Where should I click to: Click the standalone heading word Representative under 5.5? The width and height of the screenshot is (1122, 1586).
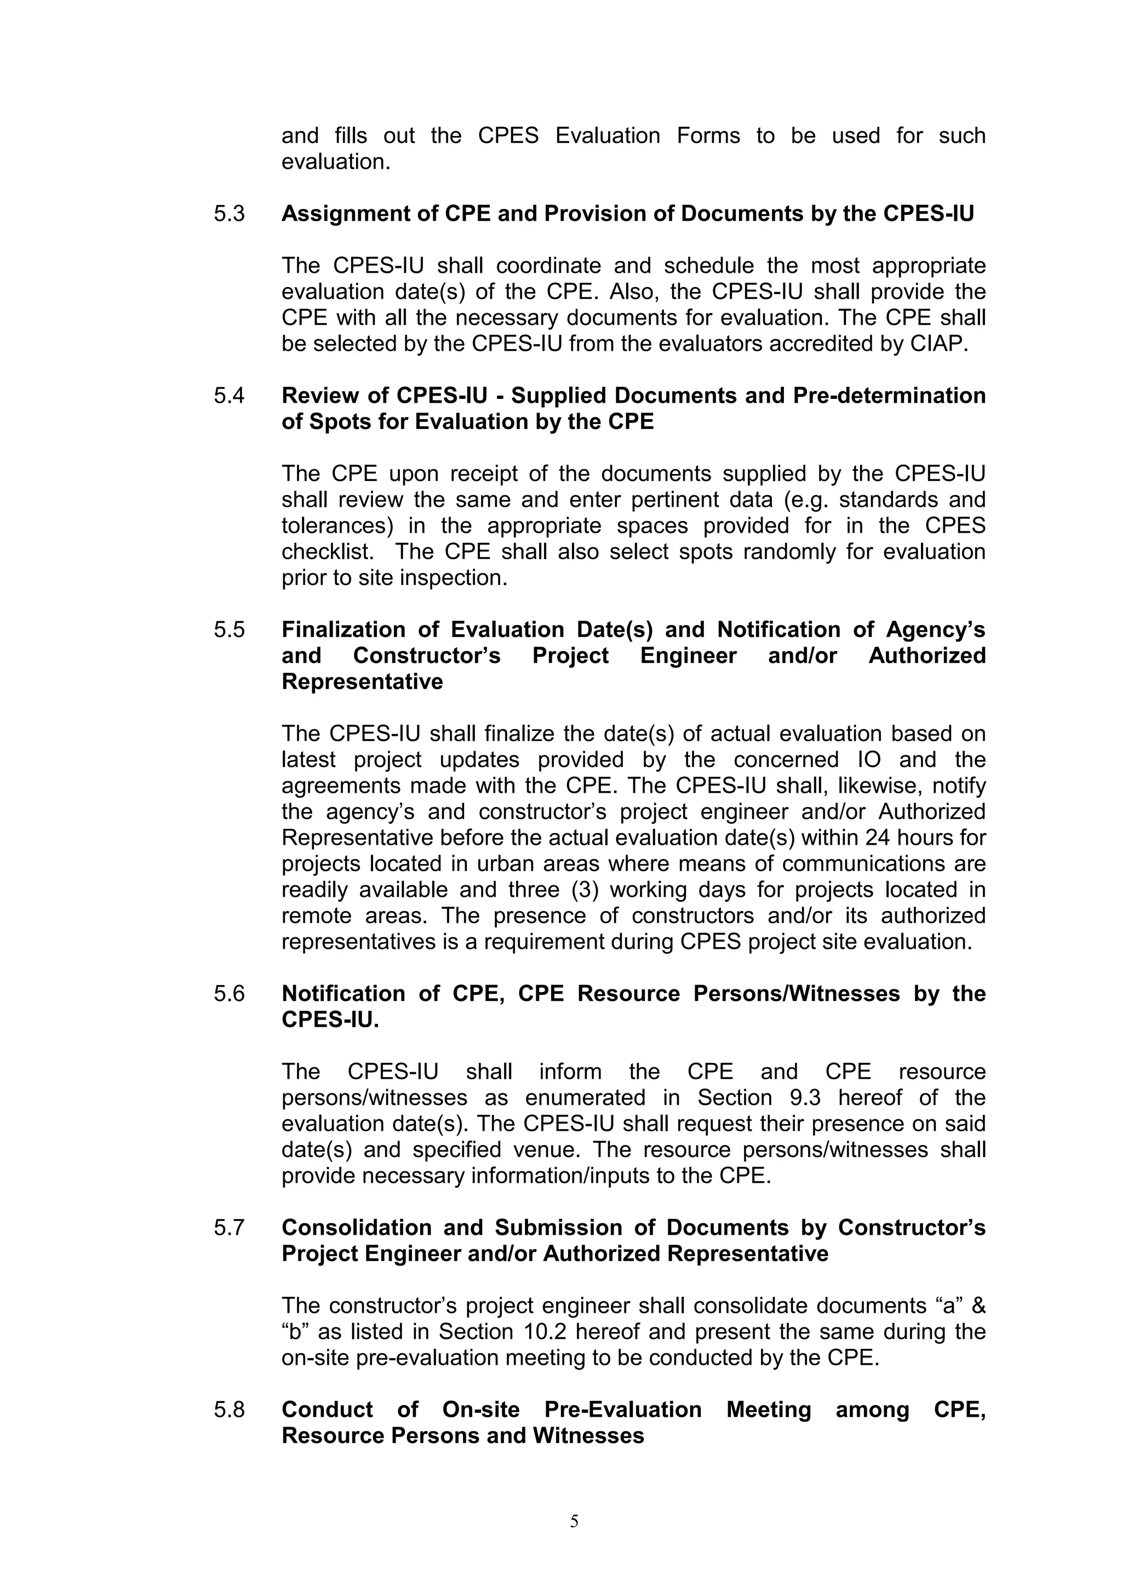pyautogui.click(x=362, y=682)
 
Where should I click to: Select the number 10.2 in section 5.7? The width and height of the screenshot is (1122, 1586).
pyautogui.click(x=540, y=1332)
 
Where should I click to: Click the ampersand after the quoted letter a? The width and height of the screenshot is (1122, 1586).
pyautogui.click(x=978, y=1306)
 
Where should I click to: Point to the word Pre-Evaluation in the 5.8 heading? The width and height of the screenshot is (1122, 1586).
pyautogui.click(x=622, y=1410)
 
